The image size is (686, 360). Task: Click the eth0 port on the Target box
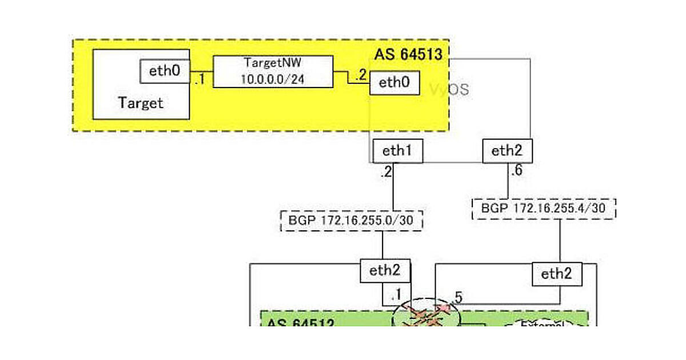(165, 71)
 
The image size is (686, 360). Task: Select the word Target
(141, 103)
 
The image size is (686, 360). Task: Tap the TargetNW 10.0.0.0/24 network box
(273, 71)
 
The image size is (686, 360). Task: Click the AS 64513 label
(408, 55)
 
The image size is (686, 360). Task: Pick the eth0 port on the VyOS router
(395, 82)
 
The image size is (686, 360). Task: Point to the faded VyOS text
(450, 89)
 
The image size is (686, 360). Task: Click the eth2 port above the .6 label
(507, 151)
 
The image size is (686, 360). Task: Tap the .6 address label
(516, 171)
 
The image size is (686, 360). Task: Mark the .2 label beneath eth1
(386, 172)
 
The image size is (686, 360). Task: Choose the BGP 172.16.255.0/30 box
(352, 221)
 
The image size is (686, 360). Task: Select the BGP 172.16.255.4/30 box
(544, 209)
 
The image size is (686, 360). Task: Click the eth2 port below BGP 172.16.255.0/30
(385, 271)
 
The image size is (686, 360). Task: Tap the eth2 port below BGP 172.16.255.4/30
(557, 274)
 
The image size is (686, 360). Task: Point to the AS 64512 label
(300, 323)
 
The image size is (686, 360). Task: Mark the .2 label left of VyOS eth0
(360, 75)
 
